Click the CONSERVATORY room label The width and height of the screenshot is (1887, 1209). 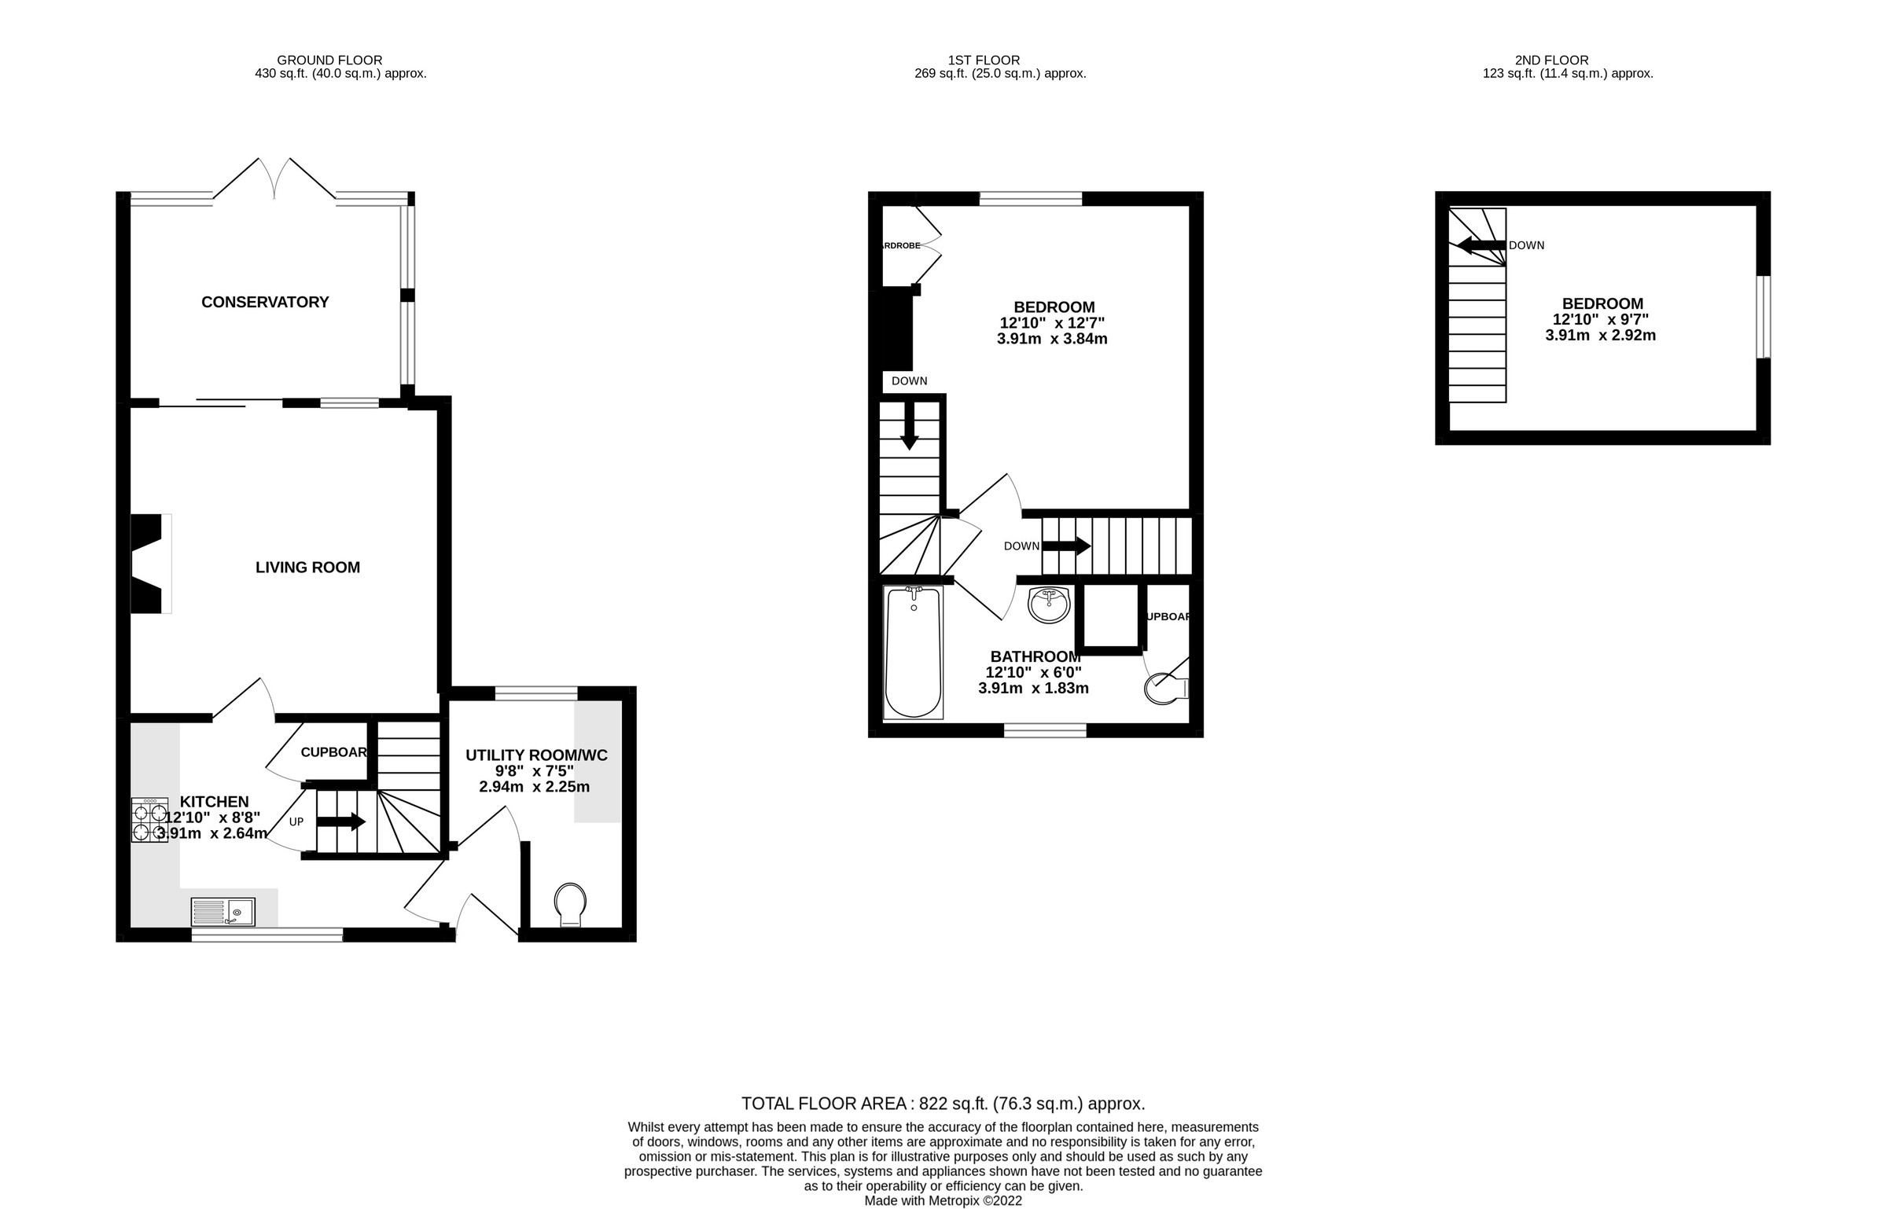265,303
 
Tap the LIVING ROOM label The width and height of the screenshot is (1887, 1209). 307,568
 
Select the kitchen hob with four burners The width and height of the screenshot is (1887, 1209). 149,821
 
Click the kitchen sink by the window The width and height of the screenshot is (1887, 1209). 223,912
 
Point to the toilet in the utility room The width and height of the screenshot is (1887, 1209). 570,905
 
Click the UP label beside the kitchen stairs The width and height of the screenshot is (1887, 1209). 296,822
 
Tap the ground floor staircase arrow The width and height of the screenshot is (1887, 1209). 341,822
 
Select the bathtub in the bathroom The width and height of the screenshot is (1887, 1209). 913,652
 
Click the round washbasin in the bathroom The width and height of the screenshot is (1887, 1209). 1049,604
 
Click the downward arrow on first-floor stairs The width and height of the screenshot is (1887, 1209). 909,425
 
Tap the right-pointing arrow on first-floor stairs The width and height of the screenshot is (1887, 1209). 1066,546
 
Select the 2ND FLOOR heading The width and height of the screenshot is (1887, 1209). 1551,61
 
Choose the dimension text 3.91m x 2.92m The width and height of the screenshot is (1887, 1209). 1601,336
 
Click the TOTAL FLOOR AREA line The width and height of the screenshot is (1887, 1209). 943,1104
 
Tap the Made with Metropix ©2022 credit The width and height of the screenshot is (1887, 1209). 943,1201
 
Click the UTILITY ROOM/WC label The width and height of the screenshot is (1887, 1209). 536,755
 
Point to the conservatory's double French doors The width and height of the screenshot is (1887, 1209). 274,179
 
